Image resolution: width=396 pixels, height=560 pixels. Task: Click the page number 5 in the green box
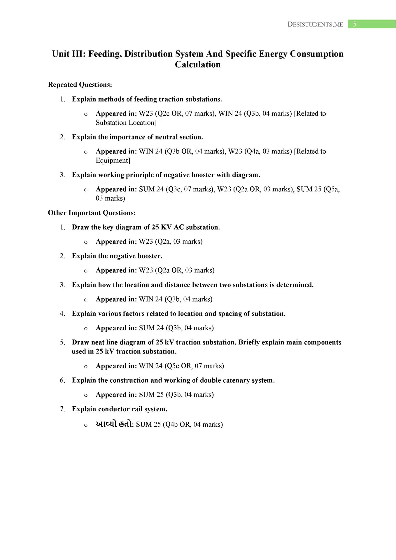354,24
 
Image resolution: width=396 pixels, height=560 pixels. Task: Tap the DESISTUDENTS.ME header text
315,24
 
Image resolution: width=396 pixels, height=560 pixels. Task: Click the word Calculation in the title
198,64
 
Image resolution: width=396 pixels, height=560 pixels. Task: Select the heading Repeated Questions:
80,85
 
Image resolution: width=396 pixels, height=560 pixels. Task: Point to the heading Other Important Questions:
92,213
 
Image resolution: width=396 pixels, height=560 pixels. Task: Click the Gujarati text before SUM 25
115,424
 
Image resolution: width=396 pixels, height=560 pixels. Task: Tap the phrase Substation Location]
126,123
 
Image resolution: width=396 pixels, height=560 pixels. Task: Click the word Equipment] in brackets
113,160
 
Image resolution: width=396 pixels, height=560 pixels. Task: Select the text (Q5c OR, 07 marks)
194,366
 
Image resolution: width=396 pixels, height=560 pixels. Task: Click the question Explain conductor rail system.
120,409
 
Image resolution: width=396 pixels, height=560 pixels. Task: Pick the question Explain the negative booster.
117,256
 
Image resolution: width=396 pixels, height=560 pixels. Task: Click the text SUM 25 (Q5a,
318,189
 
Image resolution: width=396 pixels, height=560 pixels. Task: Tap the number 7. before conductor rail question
62,409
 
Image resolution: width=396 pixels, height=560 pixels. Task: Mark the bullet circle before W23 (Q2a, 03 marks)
86,242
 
